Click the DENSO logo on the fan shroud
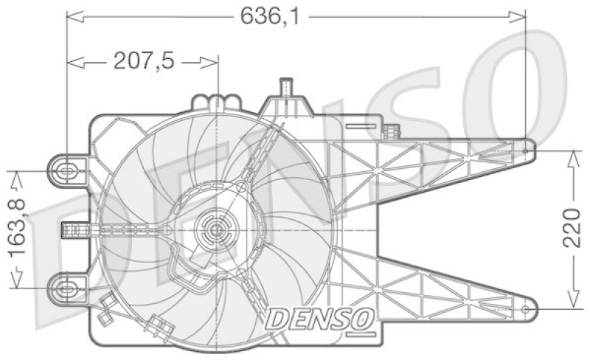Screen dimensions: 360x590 (319, 319)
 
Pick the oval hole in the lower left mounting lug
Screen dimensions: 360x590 (66, 287)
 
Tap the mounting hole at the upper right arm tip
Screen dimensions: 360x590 (525, 150)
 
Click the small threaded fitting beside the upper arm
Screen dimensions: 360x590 (392, 133)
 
